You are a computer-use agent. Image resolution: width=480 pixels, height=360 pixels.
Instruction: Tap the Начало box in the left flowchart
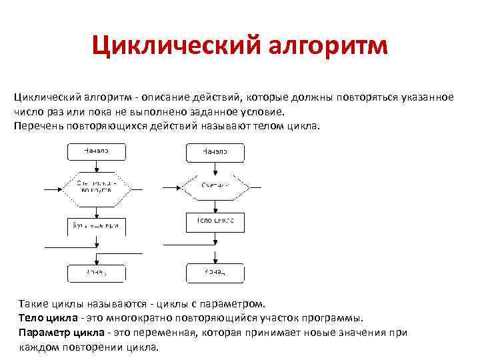pos(97,151)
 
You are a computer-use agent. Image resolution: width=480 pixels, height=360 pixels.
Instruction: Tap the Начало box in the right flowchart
pos(215,151)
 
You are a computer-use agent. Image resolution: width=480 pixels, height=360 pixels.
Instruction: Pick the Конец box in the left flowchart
pos(97,273)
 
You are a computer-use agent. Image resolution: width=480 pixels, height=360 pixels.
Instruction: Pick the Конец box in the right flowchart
pos(215,273)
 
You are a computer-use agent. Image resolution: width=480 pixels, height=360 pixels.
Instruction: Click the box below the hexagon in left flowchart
pos(97,226)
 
